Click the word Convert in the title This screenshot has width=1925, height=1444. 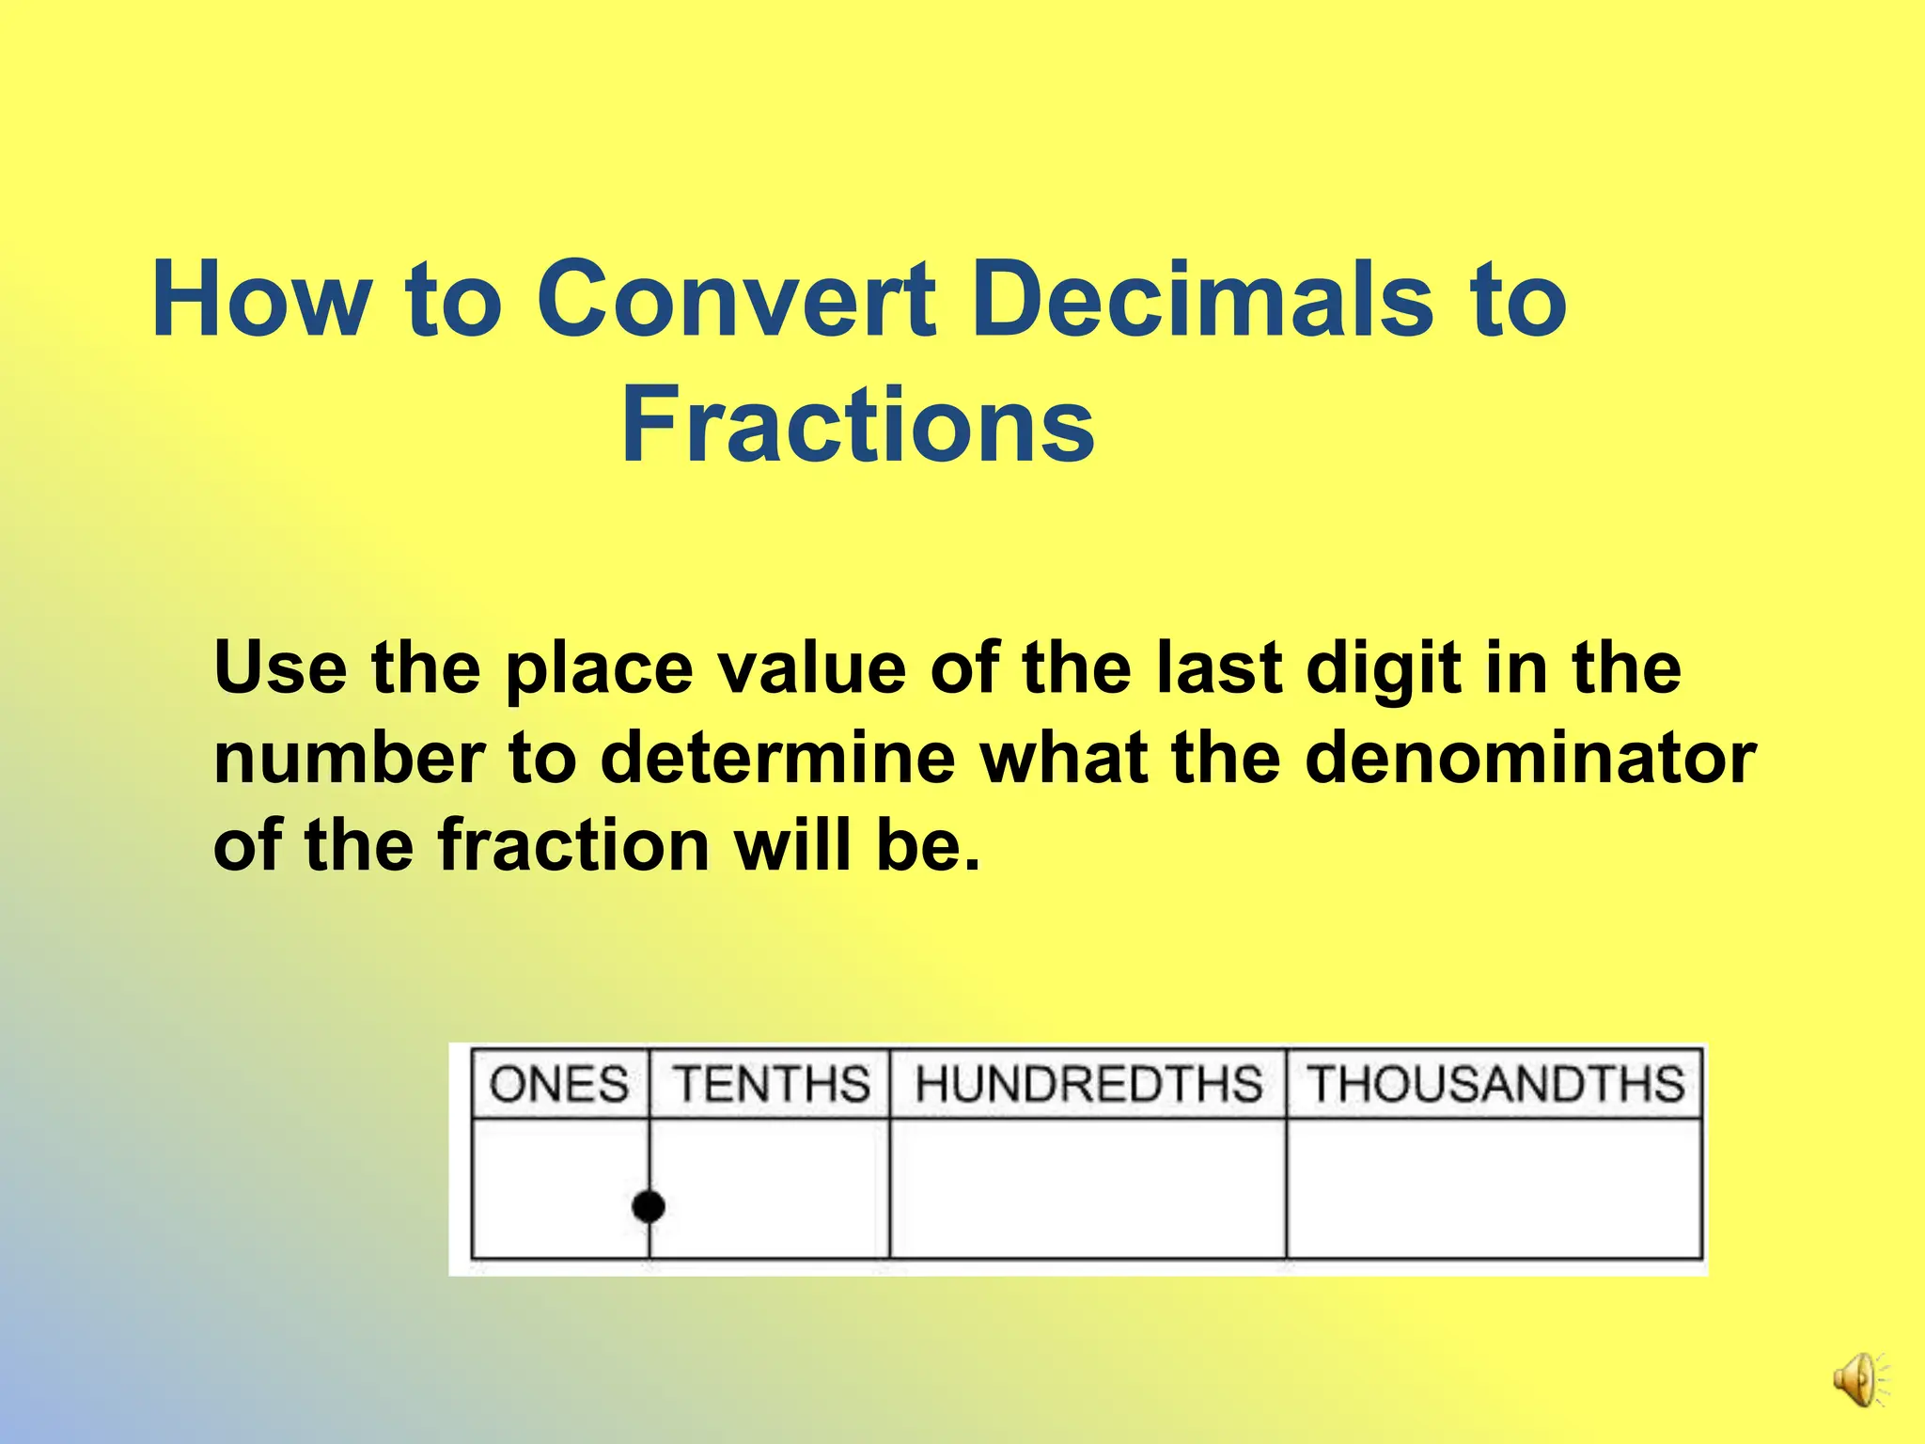tap(737, 299)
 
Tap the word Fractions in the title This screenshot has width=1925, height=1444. tap(857, 427)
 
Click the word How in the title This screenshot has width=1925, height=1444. tap(261, 299)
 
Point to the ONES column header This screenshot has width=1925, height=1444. tap(559, 1084)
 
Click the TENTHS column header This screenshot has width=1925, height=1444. tap(771, 1084)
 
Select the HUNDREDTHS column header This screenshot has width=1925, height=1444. tap(1088, 1084)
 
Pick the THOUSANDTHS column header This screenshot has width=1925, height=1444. tap(1495, 1084)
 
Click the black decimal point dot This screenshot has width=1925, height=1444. tap(649, 1205)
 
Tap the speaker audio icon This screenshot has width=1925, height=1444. tap(1857, 1380)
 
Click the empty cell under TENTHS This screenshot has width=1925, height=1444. tap(771, 1188)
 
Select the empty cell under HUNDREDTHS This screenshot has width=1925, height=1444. tap(1088, 1188)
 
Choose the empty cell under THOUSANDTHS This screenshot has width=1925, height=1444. tap(1495, 1188)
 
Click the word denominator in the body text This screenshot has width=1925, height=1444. tap(1530, 758)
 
